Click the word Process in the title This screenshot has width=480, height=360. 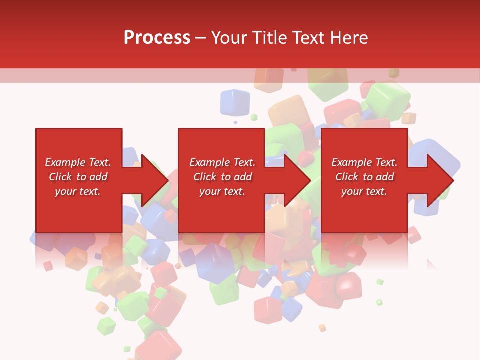[157, 38]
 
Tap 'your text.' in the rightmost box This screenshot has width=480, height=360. [364, 191]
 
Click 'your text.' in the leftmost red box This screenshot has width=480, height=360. [77, 191]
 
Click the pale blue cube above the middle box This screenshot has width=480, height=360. [235, 102]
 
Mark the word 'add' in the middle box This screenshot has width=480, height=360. [243, 177]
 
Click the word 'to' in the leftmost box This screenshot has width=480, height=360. [81, 177]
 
